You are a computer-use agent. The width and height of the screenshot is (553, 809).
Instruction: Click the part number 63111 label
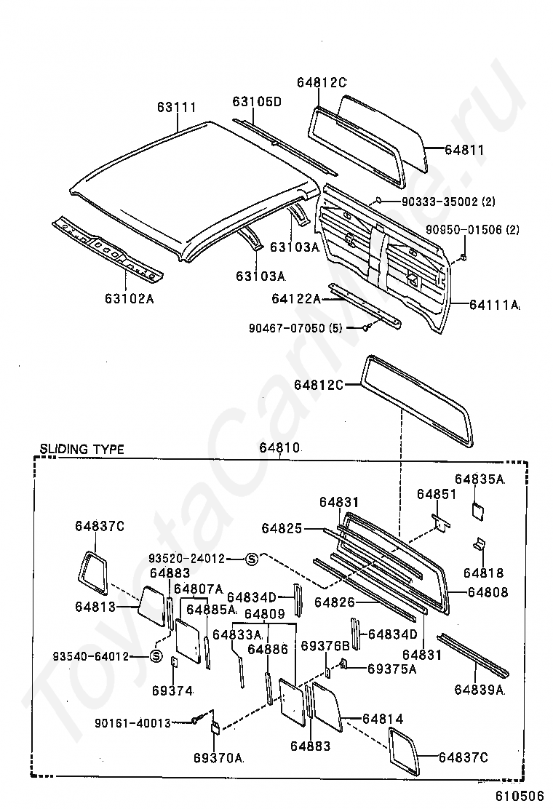point(176,107)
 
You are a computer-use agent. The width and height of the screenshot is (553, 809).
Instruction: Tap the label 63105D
point(256,101)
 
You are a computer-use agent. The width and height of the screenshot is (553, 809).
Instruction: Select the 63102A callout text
point(129,298)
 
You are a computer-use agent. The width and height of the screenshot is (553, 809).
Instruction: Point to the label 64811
point(465,150)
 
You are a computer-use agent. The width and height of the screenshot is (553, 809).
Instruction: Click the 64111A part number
point(494,305)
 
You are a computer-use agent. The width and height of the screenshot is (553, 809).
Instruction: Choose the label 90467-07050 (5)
point(295,327)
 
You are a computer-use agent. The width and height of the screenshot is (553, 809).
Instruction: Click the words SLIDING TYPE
point(82,449)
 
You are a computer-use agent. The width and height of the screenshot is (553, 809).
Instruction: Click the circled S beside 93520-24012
point(251,559)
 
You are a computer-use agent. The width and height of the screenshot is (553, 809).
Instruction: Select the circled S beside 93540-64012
point(156,656)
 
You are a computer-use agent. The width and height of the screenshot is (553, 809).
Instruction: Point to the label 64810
point(279,447)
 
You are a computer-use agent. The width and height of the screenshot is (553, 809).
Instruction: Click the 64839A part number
point(480,689)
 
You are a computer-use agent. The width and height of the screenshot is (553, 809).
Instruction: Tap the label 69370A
point(218,757)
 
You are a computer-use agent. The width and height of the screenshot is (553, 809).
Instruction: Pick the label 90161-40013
point(132,723)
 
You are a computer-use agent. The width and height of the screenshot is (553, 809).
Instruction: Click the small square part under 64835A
point(478,509)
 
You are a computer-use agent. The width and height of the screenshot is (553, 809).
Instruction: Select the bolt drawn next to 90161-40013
point(196,720)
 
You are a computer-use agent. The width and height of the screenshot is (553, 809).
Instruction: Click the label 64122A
point(296,299)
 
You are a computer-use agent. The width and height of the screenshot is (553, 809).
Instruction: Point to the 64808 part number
point(488,591)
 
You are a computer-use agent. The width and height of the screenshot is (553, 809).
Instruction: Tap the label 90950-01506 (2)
point(472,229)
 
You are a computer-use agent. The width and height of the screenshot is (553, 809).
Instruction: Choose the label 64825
point(282,527)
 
